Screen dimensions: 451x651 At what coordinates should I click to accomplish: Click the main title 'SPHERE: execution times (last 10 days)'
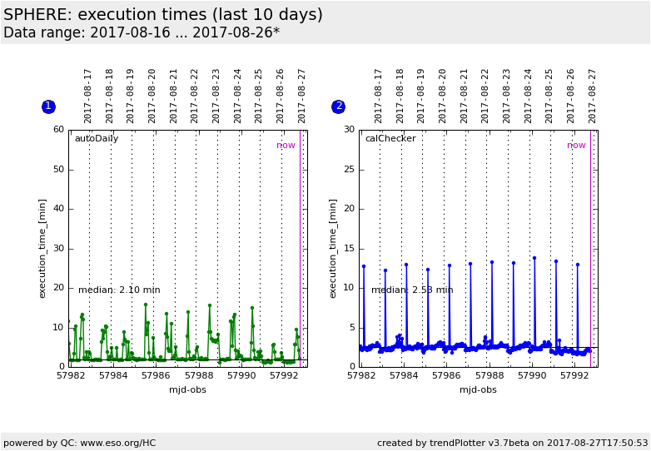163,15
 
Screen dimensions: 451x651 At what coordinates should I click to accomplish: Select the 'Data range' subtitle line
142,33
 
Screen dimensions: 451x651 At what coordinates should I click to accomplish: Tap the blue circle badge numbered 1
48,107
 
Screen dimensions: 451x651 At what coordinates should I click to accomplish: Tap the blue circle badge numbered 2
339,107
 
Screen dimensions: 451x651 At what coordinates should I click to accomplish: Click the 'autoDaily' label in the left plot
97,139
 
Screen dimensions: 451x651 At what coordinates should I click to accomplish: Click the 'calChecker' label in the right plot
390,139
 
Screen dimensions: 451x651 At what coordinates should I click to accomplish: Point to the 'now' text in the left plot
286,146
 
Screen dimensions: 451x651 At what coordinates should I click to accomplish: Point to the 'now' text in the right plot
576,146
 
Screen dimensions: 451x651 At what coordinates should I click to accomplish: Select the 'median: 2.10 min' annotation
119,290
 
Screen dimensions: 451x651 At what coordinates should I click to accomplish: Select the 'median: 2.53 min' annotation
412,290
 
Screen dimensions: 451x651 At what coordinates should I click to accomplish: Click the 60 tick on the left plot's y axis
58,130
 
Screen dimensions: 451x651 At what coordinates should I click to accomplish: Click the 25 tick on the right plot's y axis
349,170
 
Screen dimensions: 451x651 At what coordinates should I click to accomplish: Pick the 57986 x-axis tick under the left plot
156,376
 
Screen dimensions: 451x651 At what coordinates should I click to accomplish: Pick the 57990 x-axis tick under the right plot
532,376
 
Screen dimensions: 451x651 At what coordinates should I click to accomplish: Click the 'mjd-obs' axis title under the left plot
187,389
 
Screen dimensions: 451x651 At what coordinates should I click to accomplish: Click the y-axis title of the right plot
333,248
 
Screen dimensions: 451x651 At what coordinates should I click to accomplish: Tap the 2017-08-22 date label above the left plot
195,96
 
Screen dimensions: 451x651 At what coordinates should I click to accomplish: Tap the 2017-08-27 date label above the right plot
593,96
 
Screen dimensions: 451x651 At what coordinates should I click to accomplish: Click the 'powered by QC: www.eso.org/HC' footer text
80,443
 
